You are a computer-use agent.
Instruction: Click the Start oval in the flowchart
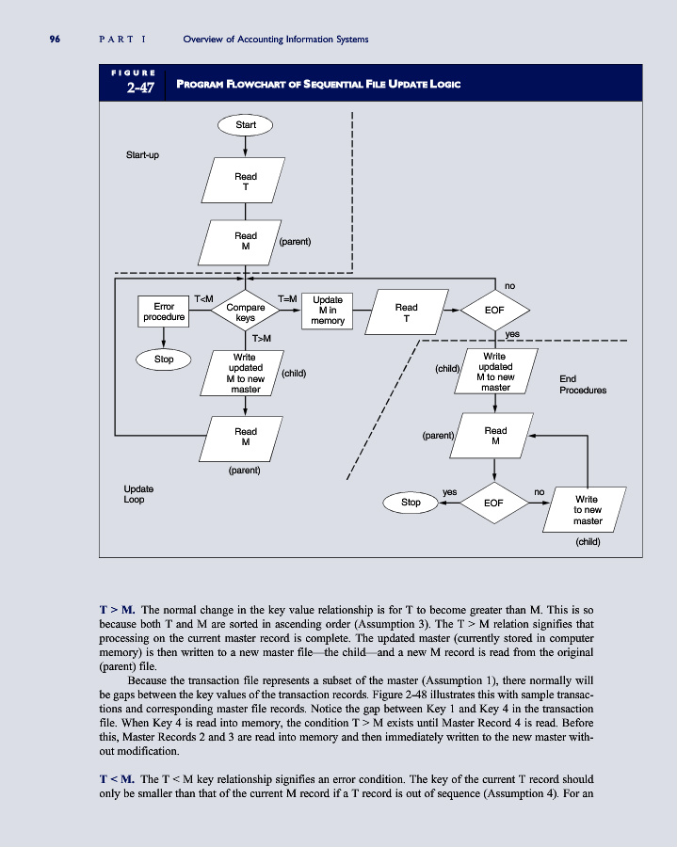click(245, 123)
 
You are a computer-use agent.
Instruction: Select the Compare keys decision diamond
click(245, 312)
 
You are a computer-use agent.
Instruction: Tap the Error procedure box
click(164, 312)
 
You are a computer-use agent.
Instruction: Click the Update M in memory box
click(328, 312)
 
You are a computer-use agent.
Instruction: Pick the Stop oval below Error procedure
click(164, 359)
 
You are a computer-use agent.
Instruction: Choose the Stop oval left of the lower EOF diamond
click(411, 503)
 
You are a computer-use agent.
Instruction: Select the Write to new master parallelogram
click(588, 510)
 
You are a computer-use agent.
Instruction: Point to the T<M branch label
click(203, 299)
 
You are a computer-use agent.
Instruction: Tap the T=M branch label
click(288, 299)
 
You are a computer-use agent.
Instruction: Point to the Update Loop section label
click(139, 494)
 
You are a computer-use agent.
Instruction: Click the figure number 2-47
click(133, 88)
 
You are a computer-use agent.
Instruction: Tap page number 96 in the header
click(55, 39)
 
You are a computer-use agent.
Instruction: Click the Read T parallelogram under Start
click(245, 181)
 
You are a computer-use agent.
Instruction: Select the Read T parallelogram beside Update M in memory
click(407, 312)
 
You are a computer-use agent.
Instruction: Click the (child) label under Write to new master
click(588, 541)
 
